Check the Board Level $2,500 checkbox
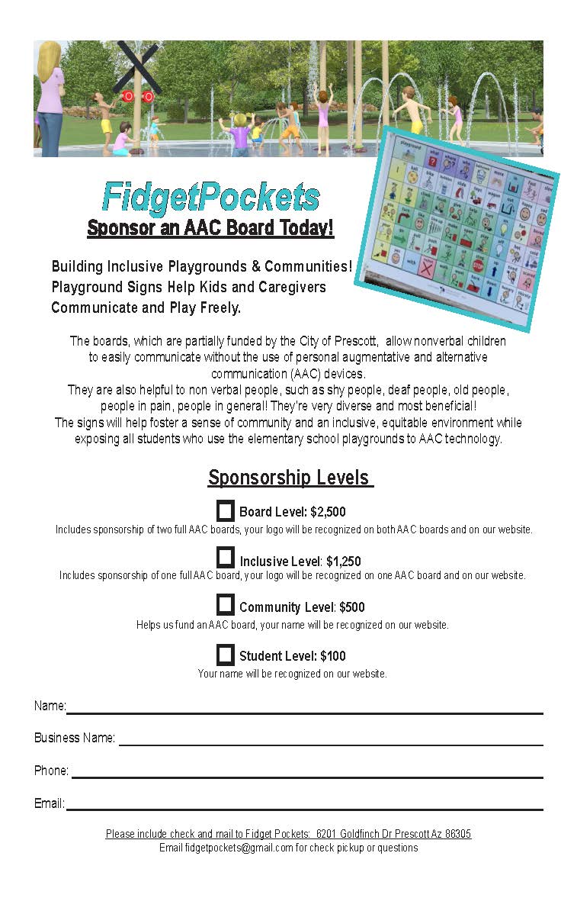click(225, 510)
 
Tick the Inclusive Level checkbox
click(225, 558)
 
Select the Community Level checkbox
click(225, 605)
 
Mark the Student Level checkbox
click(225, 654)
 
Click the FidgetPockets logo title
click(210, 198)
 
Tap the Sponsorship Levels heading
click(290, 478)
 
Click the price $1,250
click(343, 562)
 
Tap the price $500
click(352, 607)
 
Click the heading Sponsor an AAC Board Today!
click(210, 227)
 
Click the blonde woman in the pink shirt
click(50, 95)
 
